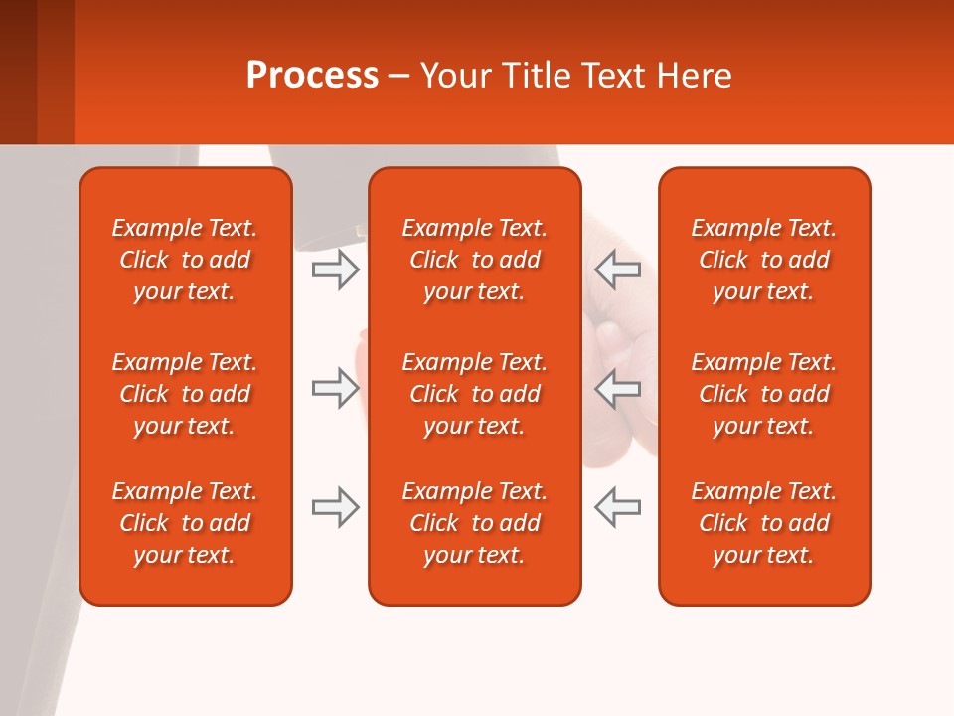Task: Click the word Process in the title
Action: pyautogui.click(x=312, y=76)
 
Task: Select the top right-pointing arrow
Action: pyautogui.click(x=335, y=268)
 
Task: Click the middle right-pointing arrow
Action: pyautogui.click(x=335, y=388)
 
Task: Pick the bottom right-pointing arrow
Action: pyautogui.click(x=335, y=507)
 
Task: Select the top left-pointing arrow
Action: pyautogui.click(x=617, y=268)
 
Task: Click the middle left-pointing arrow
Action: pyautogui.click(x=617, y=388)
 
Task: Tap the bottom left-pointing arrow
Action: pyautogui.click(x=617, y=507)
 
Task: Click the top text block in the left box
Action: pyautogui.click(x=185, y=260)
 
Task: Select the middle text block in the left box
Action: pyautogui.click(x=185, y=394)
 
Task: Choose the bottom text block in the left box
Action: pyautogui.click(x=185, y=523)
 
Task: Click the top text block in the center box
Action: pyautogui.click(x=474, y=260)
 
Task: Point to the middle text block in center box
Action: pyautogui.click(x=474, y=394)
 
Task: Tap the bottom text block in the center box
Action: pyautogui.click(x=474, y=523)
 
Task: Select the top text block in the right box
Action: pyautogui.click(x=763, y=260)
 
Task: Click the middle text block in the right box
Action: pyautogui.click(x=763, y=394)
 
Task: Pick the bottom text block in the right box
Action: pyautogui.click(x=763, y=523)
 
